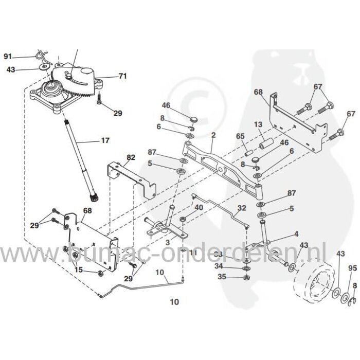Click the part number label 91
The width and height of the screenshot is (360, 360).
[7, 56]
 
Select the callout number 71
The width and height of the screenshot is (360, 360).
[122, 76]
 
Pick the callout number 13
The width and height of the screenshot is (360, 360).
[258, 124]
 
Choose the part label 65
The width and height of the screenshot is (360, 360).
[240, 136]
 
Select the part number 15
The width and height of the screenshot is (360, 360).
[78, 270]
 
